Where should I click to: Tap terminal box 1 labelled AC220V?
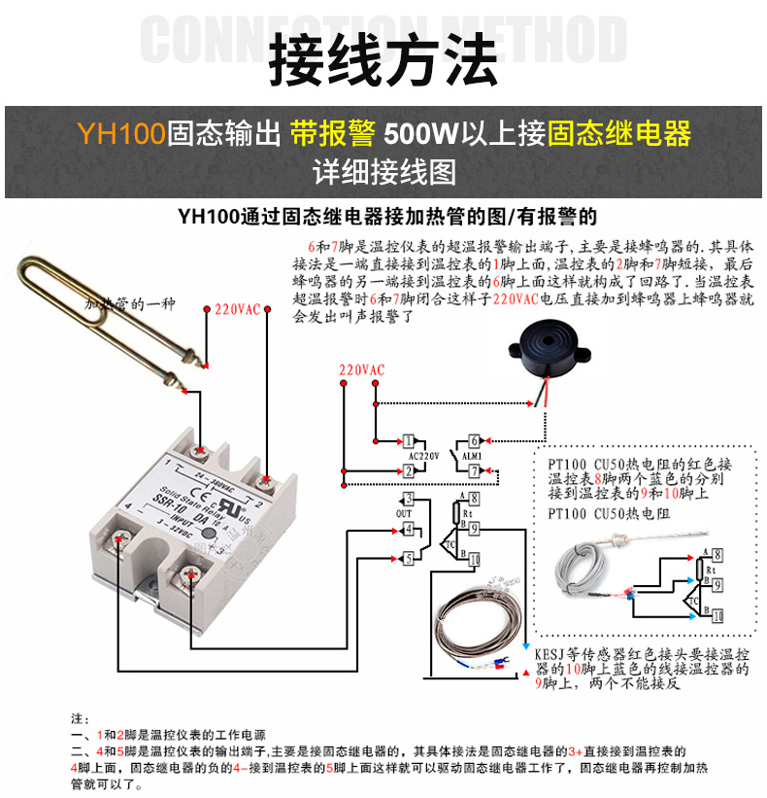tap(410, 441)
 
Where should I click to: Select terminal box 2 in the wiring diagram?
tap(410, 471)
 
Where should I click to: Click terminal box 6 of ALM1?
tap(473, 441)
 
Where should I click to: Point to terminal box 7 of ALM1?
tap(473, 471)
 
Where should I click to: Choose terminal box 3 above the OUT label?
tap(409, 500)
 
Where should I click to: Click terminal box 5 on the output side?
tap(409, 558)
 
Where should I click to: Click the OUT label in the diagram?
tap(403, 513)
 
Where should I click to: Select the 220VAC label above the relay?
tap(237, 309)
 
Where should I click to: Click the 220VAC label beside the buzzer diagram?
tap(361, 370)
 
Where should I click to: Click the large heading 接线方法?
tap(383, 60)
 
